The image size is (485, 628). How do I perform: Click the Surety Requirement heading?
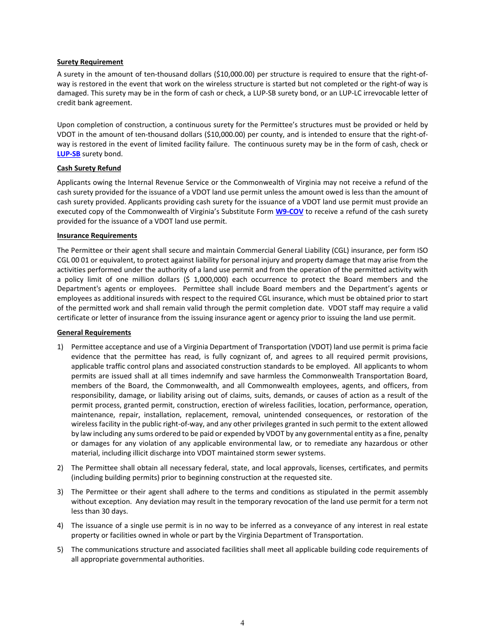click(x=90, y=62)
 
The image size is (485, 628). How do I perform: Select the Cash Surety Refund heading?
click(x=89, y=168)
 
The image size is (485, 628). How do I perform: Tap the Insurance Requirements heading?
click(x=97, y=235)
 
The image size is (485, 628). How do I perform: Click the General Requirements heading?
click(x=94, y=332)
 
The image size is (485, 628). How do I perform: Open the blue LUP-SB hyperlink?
click(x=68, y=154)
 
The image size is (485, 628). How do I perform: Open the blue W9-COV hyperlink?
click(x=289, y=211)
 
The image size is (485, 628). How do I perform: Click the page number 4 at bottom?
click(x=242, y=622)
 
